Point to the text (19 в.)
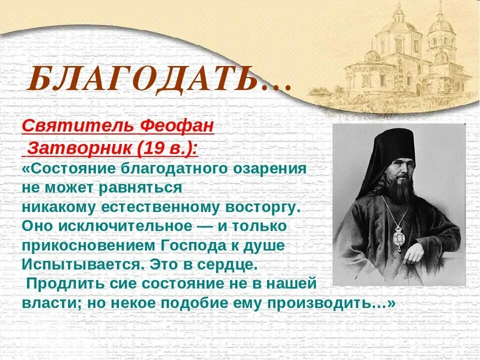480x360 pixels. click(164, 147)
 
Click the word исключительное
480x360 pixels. click(125, 225)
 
